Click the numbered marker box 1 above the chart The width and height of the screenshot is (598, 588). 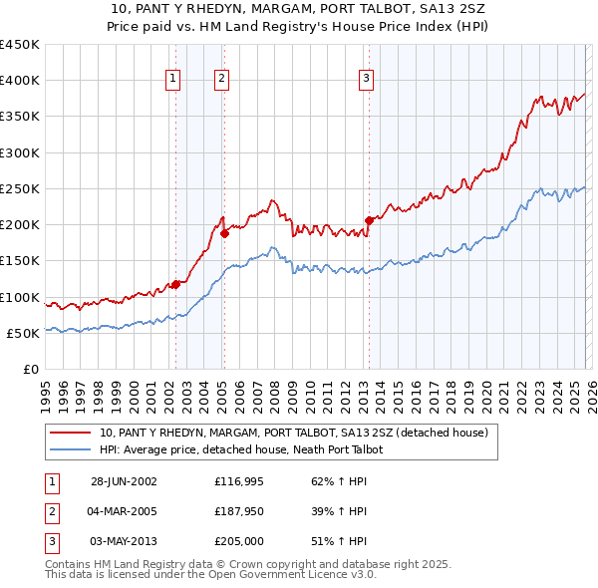(x=173, y=79)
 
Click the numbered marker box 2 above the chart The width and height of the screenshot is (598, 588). (x=221, y=79)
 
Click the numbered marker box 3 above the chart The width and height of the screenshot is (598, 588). (x=366, y=79)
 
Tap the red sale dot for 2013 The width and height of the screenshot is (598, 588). (x=369, y=220)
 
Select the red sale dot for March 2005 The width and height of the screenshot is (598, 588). (x=225, y=233)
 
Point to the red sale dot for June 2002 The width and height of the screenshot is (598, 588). (x=176, y=284)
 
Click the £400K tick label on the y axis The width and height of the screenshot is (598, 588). (x=19, y=81)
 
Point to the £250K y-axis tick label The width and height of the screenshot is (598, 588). (x=19, y=188)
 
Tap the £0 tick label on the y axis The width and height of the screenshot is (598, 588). (x=30, y=369)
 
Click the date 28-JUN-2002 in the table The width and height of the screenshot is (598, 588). (x=124, y=481)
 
